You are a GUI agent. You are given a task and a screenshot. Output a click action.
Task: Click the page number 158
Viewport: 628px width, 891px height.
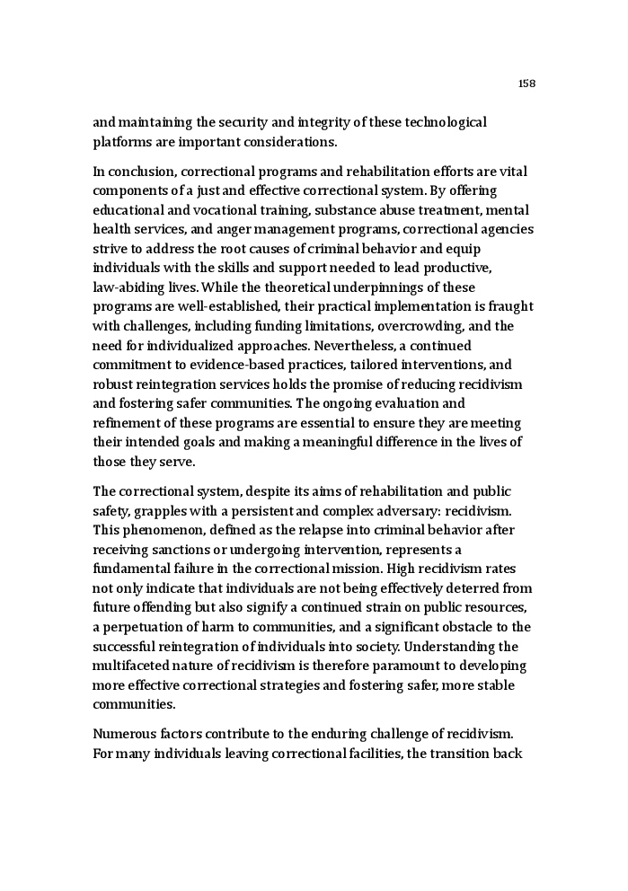pos(526,84)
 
